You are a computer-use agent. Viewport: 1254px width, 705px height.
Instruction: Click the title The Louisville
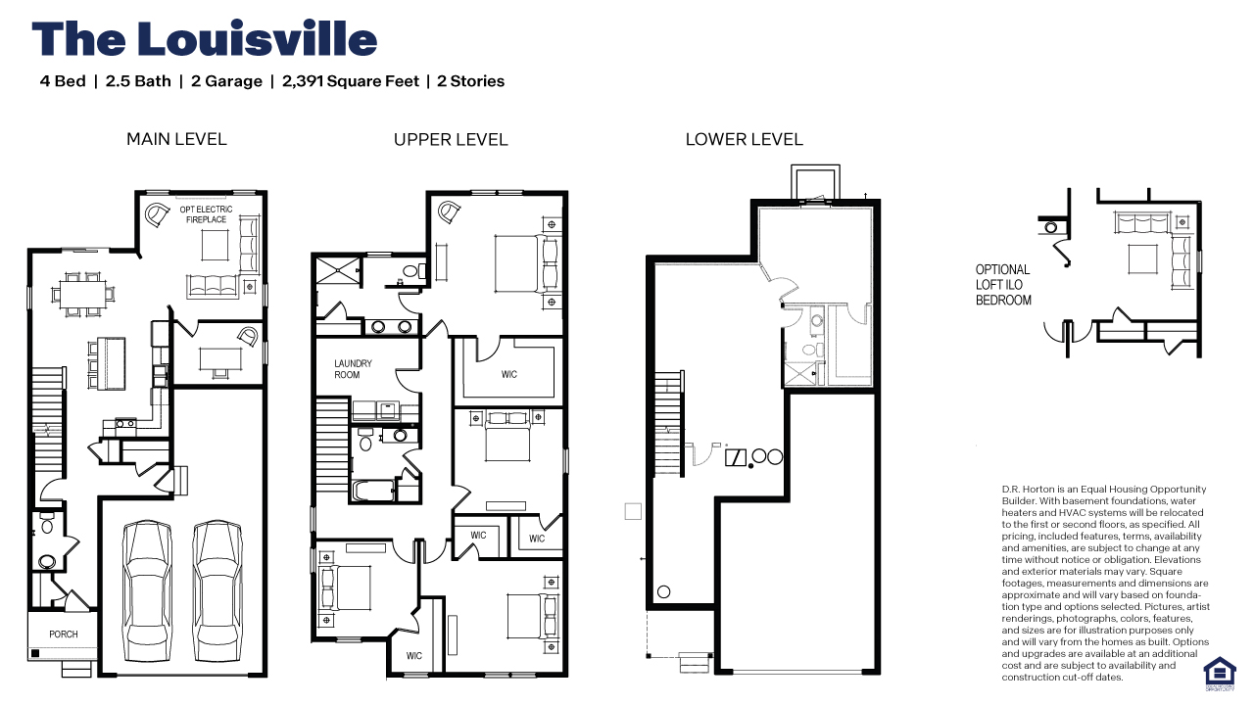pos(204,39)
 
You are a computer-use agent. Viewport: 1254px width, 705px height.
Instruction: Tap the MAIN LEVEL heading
pos(176,139)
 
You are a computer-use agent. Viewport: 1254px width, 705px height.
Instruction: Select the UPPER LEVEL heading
pos(451,140)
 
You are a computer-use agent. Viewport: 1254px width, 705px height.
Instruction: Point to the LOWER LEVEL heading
pos(744,139)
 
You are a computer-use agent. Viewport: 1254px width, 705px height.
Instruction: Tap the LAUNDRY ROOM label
pos(353,369)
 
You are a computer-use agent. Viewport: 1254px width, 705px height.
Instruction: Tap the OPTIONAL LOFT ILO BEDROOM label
pos(1002,285)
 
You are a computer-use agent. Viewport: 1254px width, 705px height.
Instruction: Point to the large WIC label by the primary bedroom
pos(508,374)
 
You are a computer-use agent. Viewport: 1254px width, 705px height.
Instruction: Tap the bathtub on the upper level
pos(373,491)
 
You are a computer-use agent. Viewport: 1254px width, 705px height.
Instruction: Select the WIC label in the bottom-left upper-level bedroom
pos(413,656)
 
